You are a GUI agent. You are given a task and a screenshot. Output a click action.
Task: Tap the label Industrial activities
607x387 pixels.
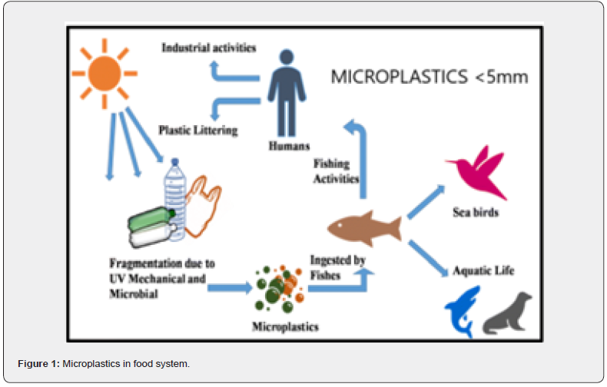coord(208,48)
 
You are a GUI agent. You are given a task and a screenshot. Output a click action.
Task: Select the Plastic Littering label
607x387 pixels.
coord(198,130)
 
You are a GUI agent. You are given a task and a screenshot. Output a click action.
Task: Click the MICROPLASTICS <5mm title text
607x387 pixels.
coord(428,77)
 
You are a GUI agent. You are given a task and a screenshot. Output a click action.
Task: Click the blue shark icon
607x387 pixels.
coord(463,310)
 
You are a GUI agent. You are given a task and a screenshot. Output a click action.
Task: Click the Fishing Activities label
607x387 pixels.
coord(336,171)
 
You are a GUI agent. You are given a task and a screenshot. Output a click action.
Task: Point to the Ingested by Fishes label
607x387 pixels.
coord(337,266)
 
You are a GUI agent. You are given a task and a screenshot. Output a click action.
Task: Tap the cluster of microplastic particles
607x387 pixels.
coord(280,289)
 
